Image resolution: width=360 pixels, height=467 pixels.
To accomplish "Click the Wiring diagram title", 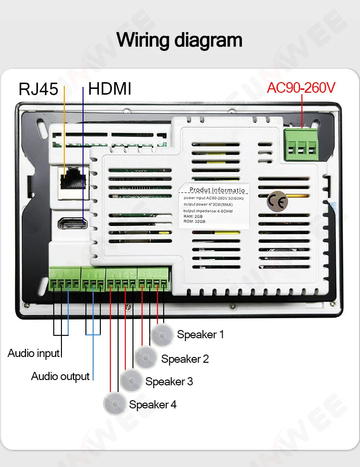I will tap(180, 39).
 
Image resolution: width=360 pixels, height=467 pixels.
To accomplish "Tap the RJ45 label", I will tap(38, 89).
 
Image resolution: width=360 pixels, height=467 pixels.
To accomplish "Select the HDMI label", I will tap(110, 89).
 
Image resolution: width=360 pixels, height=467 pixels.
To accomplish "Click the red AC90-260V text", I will tap(301, 87).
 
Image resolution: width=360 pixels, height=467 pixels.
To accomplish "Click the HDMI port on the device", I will tap(72, 223).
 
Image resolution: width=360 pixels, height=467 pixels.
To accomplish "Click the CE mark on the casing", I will tap(278, 202).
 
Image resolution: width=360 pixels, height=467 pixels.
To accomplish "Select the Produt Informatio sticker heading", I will tap(216, 190).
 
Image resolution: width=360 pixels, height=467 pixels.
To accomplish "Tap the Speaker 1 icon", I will tap(161, 335).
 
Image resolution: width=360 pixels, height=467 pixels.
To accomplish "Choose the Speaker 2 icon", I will tap(145, 358).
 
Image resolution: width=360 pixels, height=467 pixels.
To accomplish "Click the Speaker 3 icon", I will tap(131, 381).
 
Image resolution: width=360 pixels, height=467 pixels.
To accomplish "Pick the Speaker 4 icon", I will tap(115, 404).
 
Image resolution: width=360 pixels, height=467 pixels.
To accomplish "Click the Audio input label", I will tap(34, 353).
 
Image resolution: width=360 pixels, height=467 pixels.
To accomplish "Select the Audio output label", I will tap(60, 376).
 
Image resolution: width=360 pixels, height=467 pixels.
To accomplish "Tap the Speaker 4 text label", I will tap(153, 405).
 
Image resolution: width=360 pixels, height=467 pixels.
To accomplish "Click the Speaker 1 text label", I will tap(200, 334).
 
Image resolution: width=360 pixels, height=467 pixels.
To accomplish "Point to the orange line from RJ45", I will tap(64, 130).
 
